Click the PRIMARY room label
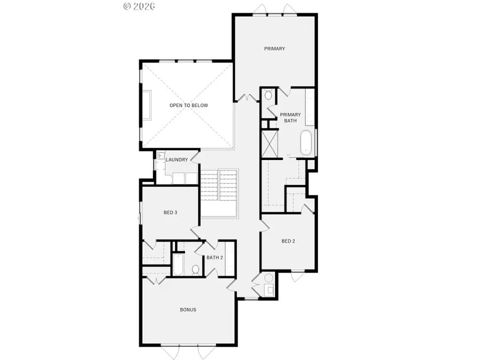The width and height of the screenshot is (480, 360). pyautogui.click(x=275, y=49)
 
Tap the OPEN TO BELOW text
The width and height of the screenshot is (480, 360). pyautogui.click(x=189, y=106)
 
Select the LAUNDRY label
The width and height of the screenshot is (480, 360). pyautogui.click(x=176, y=160)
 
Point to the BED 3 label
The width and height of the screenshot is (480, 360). pyautogui.click(x=170, y=212)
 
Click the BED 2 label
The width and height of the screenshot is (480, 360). pyautogui.click(x=288, y=241)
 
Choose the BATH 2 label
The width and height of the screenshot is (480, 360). pyautogui.click(x=214, y=258)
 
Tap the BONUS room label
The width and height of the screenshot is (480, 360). pyautogui.click(x=188, y=309)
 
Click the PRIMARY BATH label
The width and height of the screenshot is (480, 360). pyautogui.click(x=291, y=117)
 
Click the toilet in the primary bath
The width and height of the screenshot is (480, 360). pyautogui.click(x=268, y=95)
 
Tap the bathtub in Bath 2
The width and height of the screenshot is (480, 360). pyautogui.click(x=178, y=265)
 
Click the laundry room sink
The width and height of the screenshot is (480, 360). pyautogui.click(x=159, y=157)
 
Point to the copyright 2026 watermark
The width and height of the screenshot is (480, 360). pyautogui.click(x=139, y=6)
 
